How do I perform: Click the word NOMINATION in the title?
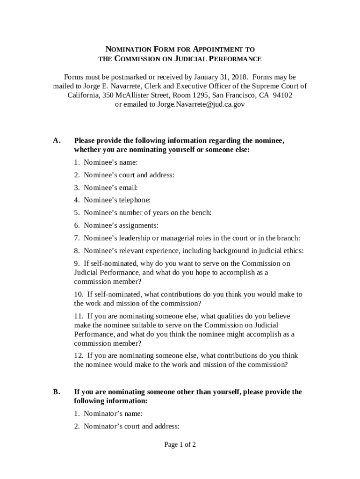(127, 49)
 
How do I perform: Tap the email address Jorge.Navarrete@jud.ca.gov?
(201, 104)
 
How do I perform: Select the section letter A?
(57, 140)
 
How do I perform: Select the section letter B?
(57, 392)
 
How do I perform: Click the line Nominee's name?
(111, 162)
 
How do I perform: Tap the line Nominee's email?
(111, 188)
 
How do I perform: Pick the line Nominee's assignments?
(121, 225)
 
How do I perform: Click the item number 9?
(76, 263)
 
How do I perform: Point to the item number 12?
(78, 356)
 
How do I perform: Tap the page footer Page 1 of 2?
(180, 444)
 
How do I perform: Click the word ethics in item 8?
(293, 251)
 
